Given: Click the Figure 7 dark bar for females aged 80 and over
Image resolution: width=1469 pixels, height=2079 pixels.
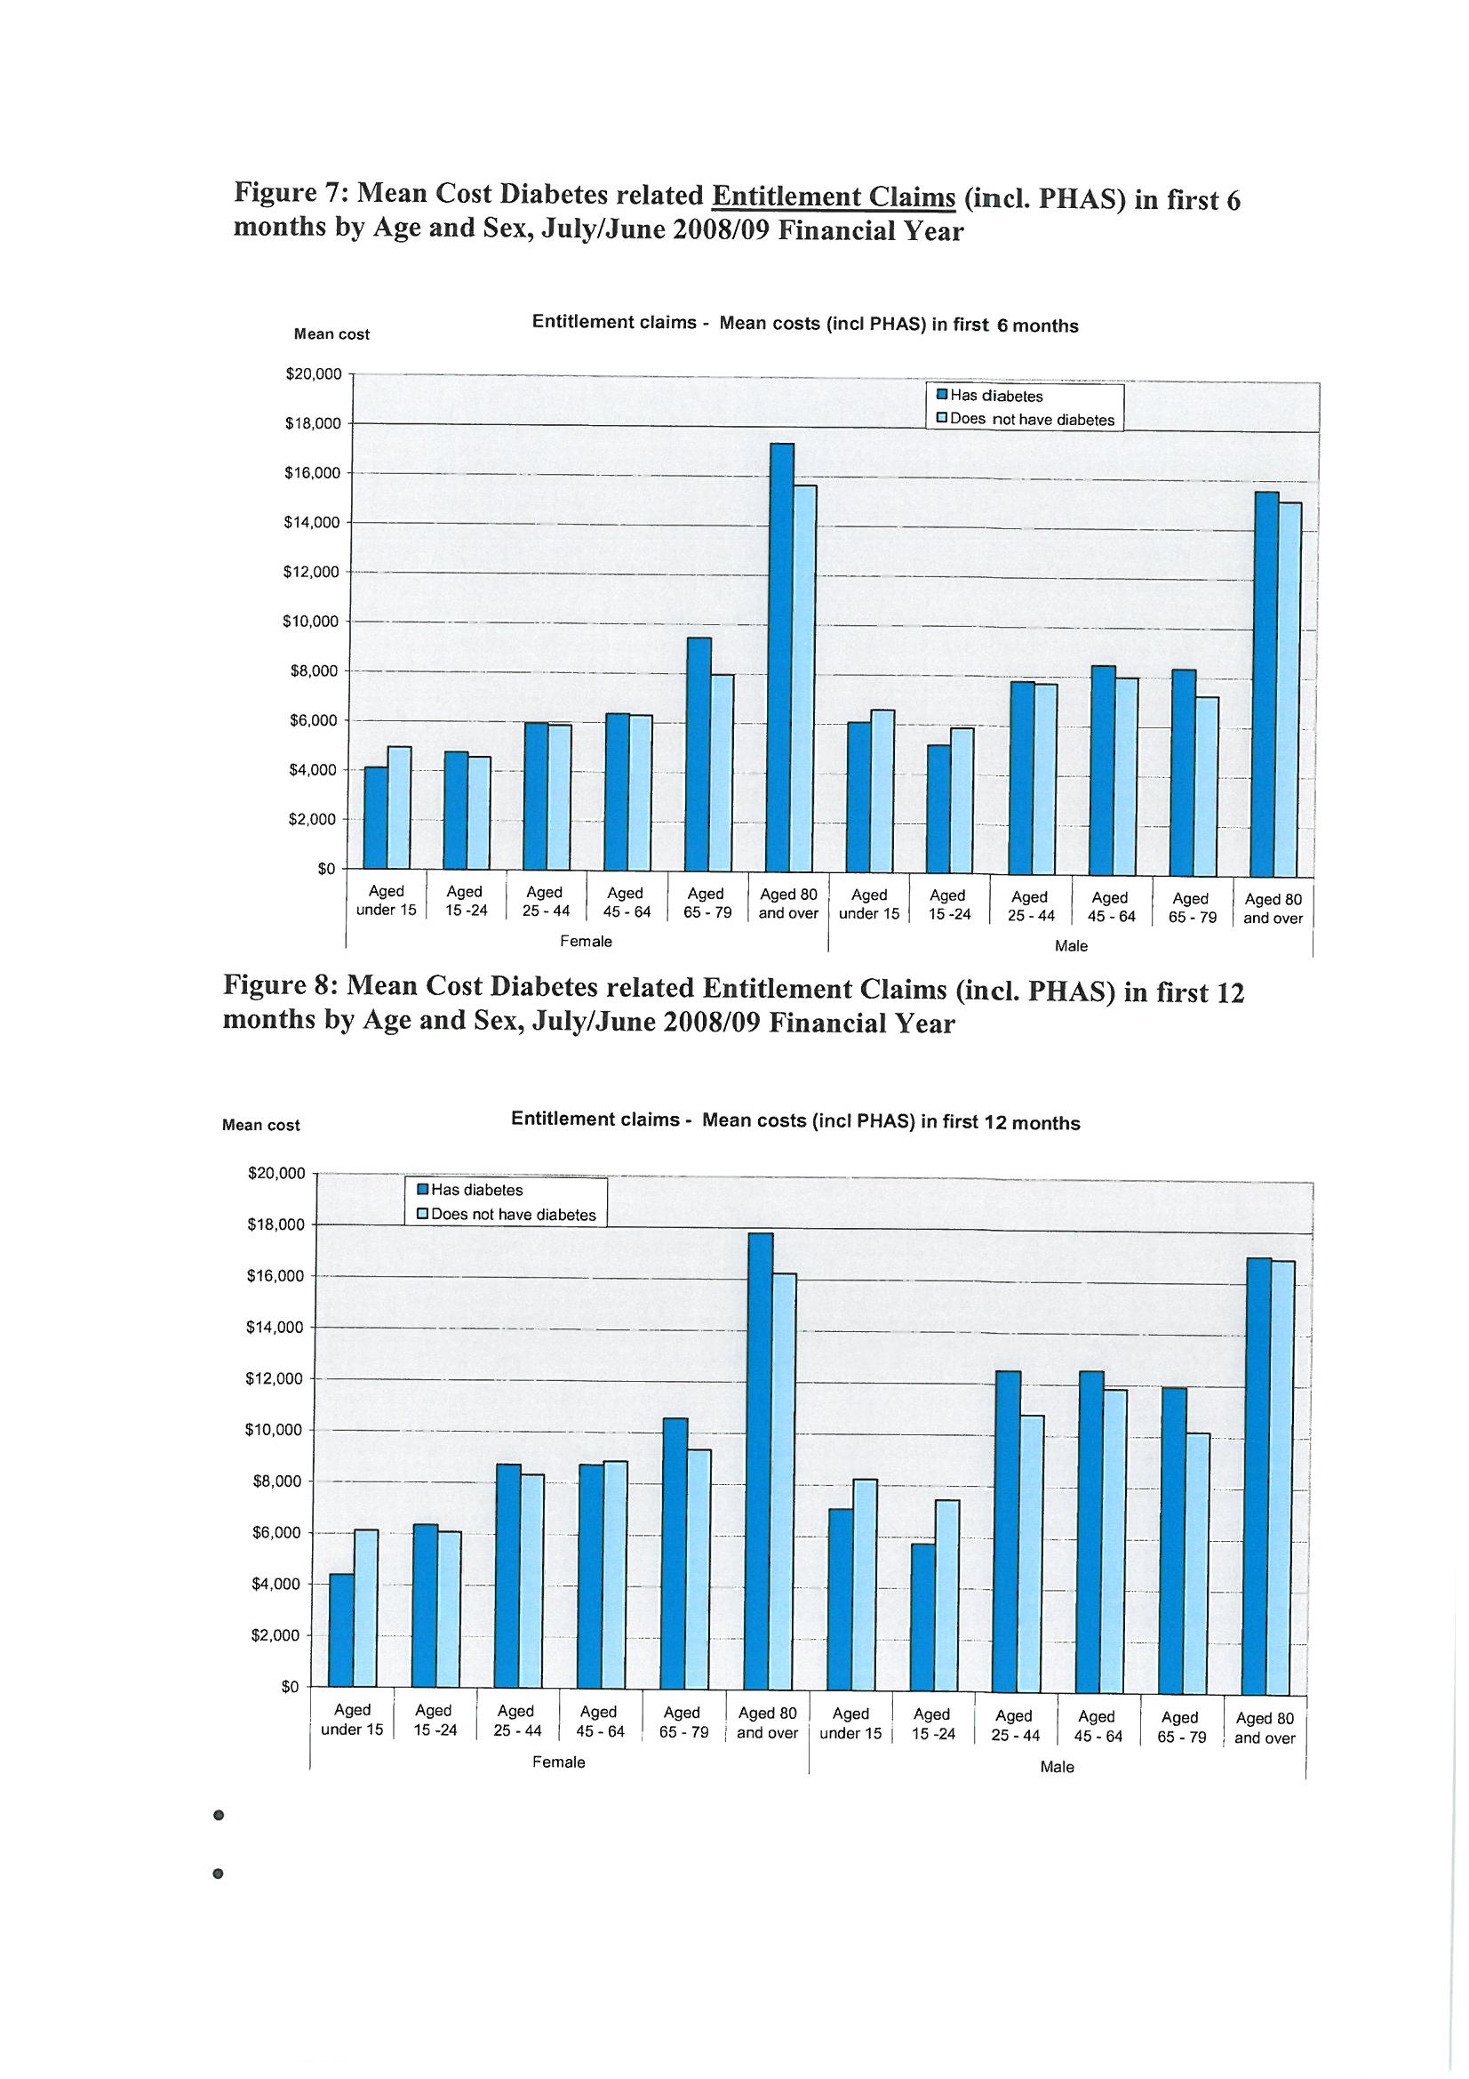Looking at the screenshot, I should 779,656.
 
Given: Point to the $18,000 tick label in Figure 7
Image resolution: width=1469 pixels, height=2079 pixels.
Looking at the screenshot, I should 313,424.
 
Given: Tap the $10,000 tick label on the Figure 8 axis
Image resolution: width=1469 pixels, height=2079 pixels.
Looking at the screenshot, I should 275,1430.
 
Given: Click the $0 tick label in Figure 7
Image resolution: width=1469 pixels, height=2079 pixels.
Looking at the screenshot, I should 327,870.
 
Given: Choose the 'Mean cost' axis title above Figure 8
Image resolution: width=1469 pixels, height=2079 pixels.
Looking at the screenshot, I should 260,1126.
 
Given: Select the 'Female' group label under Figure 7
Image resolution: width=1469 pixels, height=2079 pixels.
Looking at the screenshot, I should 586,942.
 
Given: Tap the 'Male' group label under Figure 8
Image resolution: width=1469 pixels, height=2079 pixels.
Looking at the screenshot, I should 1057,1767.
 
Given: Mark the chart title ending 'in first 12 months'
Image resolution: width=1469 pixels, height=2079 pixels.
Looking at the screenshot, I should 794,1121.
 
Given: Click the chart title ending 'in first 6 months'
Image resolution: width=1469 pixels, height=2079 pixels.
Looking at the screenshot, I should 804,325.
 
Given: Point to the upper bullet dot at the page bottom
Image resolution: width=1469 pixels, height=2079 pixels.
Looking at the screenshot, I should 217,1816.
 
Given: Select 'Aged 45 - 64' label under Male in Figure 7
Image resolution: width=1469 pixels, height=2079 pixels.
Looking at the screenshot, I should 1110,905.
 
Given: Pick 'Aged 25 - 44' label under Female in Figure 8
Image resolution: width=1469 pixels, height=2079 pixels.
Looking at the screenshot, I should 516,1721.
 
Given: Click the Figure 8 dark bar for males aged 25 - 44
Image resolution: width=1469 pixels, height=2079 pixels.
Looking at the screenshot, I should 1007,1533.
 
